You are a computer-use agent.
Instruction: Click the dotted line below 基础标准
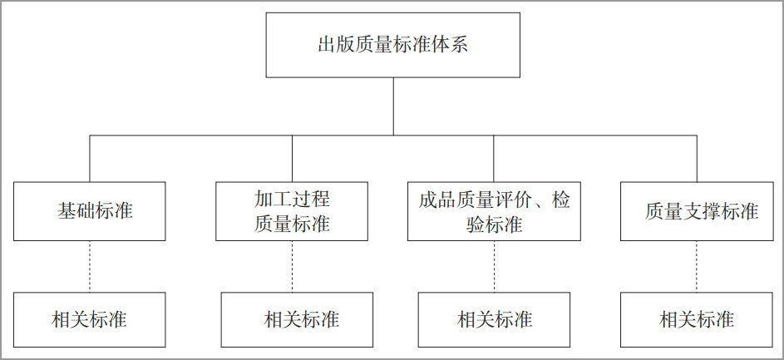tap(90, 267)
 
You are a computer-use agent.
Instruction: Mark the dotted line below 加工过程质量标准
tap(293, 267)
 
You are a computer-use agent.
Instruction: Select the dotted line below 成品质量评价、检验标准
tap(494, 267)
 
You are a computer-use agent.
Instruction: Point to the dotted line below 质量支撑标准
tap(697, 267)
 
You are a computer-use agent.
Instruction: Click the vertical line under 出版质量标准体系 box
tap(393, 106)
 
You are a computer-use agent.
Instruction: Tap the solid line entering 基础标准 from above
tap(90, 159)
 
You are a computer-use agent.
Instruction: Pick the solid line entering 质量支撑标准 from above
tap(697, 159)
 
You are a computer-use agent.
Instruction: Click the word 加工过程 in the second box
tap(292, 200)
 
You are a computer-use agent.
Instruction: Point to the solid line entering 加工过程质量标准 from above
tap(293, 159)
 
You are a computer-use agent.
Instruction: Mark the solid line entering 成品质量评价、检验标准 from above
tap(494, 159)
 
